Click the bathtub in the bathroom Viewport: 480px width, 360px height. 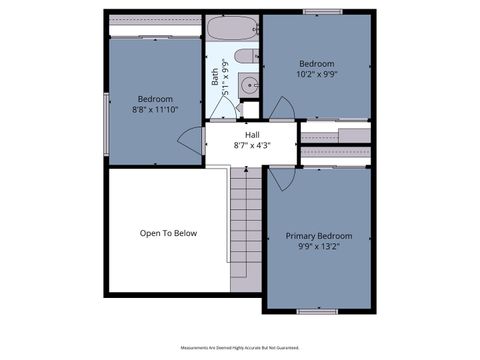point(234,27)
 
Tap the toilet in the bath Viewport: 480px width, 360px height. point(245,56)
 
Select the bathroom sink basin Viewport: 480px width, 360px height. point(250,84)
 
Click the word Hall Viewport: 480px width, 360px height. point(253,134)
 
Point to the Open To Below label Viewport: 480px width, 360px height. point(168,233)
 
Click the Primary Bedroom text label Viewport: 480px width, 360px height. point(319,236)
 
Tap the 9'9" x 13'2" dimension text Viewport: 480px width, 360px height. point(319,247)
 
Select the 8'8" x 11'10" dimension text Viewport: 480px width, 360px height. point(155,110)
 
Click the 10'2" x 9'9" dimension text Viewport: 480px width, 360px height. point(316,73)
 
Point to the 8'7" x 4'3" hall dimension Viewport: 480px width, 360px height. point(252,145)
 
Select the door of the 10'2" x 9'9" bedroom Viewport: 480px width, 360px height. point(283,108)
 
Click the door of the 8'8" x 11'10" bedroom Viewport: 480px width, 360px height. point(196,141)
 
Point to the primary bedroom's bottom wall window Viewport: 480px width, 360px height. point(316,311)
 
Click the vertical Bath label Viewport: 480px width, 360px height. point(215,73)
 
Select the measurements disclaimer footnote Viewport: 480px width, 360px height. point(240,348)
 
